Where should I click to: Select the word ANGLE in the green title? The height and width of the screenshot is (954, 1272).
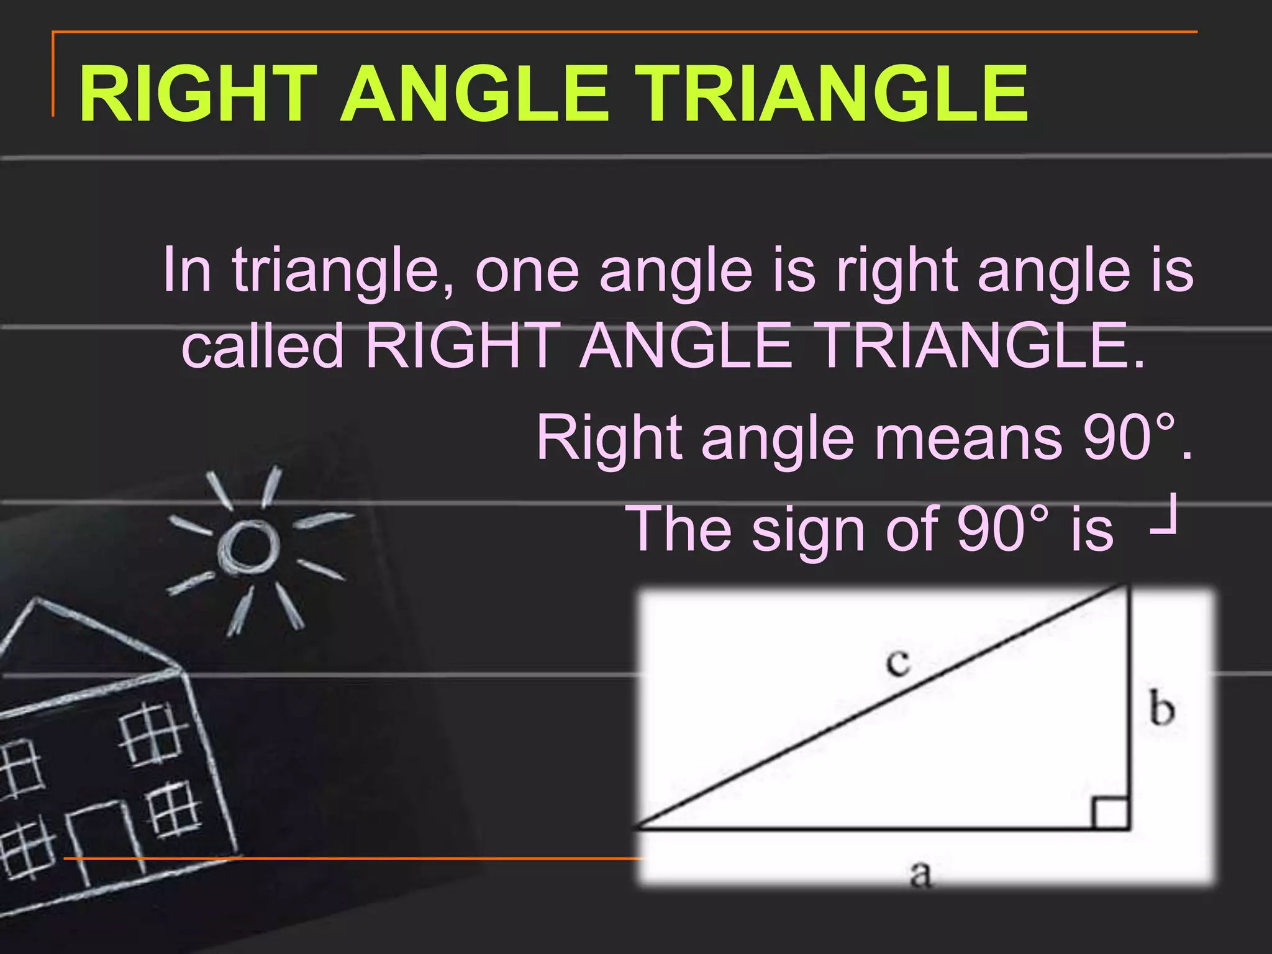click(475, 94)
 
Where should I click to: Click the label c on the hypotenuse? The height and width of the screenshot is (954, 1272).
click(898, 662)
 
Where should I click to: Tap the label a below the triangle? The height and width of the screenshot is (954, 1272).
click(920, 874)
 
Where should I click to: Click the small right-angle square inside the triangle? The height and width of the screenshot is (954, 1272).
click(1111, 814)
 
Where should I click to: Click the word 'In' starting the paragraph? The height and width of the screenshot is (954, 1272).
click(186, 270)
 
